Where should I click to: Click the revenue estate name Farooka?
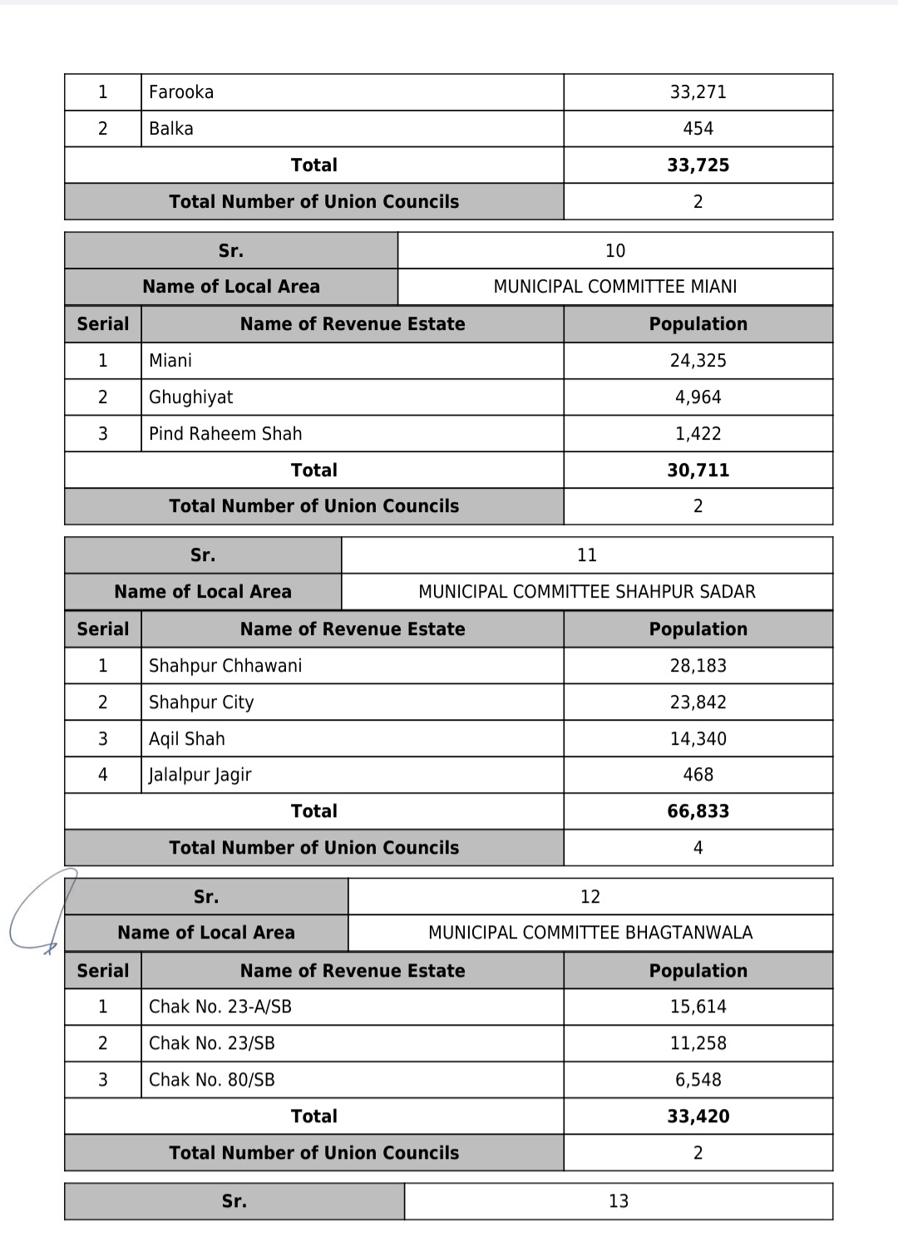[181, 92]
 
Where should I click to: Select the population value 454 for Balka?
[698, 129]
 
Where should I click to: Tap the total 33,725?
[698, 165]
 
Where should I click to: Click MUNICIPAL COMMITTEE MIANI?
[614, 287]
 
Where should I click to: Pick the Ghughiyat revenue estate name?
[190, 397]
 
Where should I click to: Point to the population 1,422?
[698, 434]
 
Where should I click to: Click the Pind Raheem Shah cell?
[225, 434]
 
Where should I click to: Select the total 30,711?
[698, 471]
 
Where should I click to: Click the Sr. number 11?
[586, 555]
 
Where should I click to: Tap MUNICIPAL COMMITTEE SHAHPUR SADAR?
[586, 592]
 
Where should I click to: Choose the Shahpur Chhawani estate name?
[225, 666]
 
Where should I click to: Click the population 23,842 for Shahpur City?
[698, 702]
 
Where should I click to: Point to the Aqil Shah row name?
[186, 739]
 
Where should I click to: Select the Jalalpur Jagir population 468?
[698, 775]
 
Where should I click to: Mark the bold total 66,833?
[698, 811]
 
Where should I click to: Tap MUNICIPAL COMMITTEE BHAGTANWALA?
[590, 933]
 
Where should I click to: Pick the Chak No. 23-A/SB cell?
[220, 1007]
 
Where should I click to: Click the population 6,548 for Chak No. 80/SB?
[698, 1080]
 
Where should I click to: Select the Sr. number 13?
[618, 1201]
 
